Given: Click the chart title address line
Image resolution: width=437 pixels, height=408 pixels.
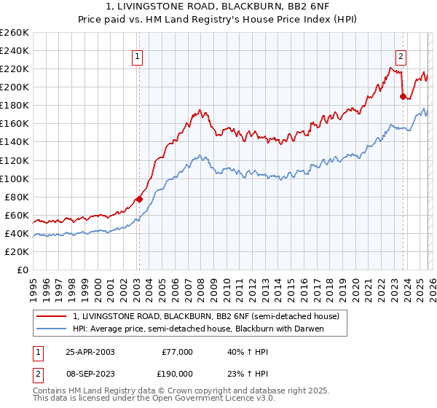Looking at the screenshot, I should pyautogui.click(x=218, y=7).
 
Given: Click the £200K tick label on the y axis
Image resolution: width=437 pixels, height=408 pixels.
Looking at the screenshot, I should pyautogui.click(x=15, y=87).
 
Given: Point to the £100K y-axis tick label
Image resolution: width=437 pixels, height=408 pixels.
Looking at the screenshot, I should pyautogui.click(x=15, y=178).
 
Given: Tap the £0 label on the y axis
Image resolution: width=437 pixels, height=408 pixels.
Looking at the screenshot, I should pyautogui.click(x=23, y=270).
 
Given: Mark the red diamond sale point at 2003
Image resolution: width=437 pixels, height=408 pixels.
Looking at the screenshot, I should pyautogui.click(x=139, y=199).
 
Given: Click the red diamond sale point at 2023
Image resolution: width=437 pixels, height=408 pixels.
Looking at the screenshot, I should pyautogui.click(x=402, y=95).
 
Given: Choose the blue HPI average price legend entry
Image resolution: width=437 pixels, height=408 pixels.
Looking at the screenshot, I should pyautogui.click(x=197, y=329).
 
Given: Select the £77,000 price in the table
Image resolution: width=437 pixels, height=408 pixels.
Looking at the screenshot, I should pyautogui.click(x=177, y=352).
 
